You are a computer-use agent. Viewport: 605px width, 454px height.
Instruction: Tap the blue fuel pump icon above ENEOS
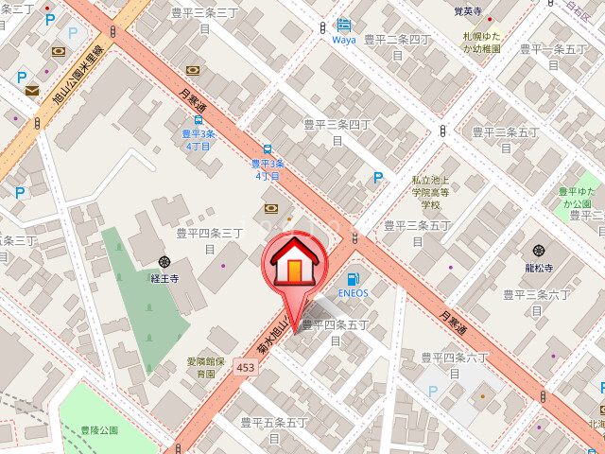point(353,278)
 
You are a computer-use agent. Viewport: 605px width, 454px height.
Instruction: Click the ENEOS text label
point(353,293)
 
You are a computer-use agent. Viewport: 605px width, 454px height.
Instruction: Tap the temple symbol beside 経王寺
point(164,262)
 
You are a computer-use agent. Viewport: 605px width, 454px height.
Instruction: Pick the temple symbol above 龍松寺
point(539,250)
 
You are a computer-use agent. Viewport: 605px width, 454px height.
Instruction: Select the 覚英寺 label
point(467,12)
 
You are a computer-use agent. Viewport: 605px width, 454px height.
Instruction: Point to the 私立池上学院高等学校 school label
point(431,191)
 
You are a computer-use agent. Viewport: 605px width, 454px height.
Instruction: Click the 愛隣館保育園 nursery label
point(205,367)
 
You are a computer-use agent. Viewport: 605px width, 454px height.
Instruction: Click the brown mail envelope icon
point(32,91)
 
